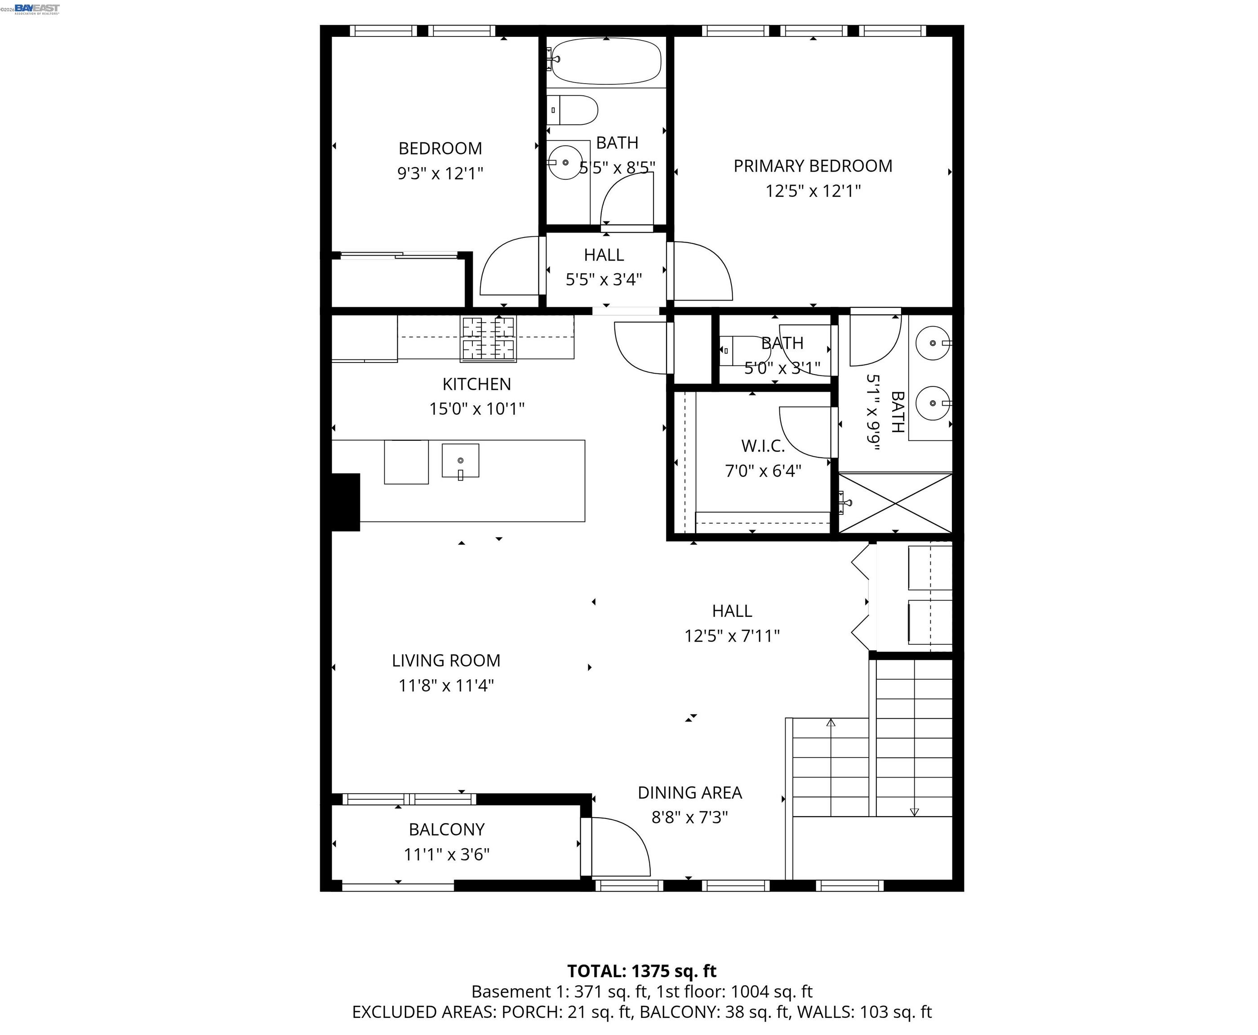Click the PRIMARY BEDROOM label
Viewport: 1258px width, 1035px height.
pyautogui.click(x=813, y=166)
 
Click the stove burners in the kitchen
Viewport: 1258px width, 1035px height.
pyautogui.click(x=488, y=339)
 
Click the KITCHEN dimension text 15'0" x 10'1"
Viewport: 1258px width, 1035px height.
pyautogui.click(x=476, y=409)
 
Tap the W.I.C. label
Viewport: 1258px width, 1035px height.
pyautogui.click(x=762, y=446)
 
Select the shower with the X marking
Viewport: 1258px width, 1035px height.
pyautogui.click(x=895, y=503)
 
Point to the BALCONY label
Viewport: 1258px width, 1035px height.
pyautogui.click(x=446, y=829)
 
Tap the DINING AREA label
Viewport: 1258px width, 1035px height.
pyautogui.click(x=689, y=792)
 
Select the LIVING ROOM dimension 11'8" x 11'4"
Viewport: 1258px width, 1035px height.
pyautogui.click(x=446, y=686)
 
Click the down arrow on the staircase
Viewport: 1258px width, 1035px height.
pyautogui.click(x=914, y=811)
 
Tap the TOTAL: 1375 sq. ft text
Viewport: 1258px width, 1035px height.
pyautogui.click(x=641, y=971)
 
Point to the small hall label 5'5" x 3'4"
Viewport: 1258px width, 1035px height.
pyautogui.click(x=604, y=279)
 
